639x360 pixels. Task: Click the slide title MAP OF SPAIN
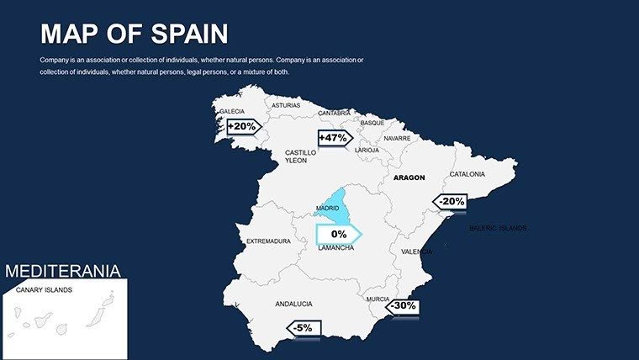(x=134, y=34)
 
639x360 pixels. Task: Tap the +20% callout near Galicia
(x=242, y=126)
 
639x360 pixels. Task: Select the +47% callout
(x=333, y=137)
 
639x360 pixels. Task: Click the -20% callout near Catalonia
(x=451, y=202)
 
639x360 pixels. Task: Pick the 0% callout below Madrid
(x=338, y=234)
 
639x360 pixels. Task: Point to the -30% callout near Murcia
(x=403, y=306)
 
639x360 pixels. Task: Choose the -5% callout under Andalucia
(x=304, y=327)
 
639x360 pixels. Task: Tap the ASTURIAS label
(x=285, y=106)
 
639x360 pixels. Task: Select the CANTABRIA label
(x=335, y=113)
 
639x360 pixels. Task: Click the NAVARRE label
(x=397, y=138)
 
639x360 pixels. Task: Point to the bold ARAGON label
(x=409, y=177)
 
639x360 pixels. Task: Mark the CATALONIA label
(x=467, y=174)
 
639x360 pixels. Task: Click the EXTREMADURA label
(x=268, y=241)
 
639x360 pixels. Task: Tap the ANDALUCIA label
(x=293, y=304)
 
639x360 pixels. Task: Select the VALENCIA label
(x=416, y=251)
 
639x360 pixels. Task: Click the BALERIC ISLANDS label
(x=498, y=228)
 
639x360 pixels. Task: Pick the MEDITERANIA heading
(x=63, y=271)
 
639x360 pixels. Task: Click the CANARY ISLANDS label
(x=44, y=290)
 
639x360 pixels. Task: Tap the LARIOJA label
(x=367, y=150)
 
